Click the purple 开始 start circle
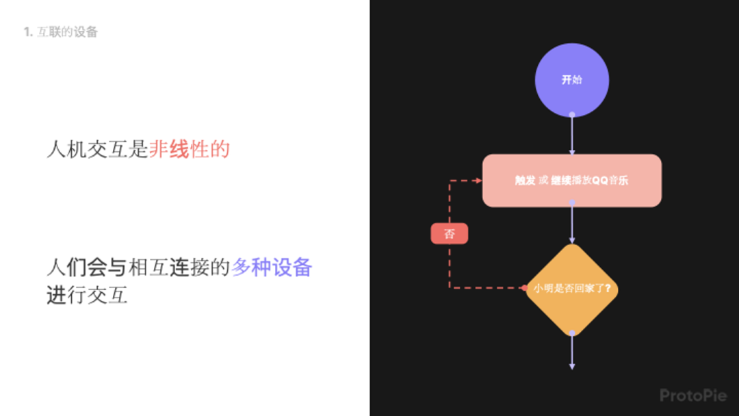(x=571, y=80)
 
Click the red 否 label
(x=449, y=234)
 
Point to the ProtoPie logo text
(x=692, y=395)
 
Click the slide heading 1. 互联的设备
(x=61, y=32)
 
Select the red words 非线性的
(x=189, y=149)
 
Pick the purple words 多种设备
(x=272, y=267)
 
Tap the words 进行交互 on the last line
(x=87, y=296)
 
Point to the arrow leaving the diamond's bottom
(x=571, y=352)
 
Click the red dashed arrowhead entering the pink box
(x=478, y=181)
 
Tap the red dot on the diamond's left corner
(x=524, y=288)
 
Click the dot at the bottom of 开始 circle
(x=571, y=115)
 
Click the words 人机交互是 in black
(x=97, y=149)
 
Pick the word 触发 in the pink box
(x=525, y=181)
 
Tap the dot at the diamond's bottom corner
(x=571, y=333)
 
